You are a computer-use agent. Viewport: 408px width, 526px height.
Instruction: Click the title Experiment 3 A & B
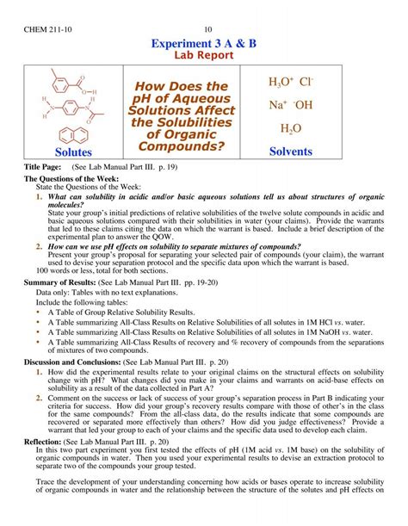coord(204,45)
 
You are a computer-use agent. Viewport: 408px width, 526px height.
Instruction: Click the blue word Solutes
coord(74,152)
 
